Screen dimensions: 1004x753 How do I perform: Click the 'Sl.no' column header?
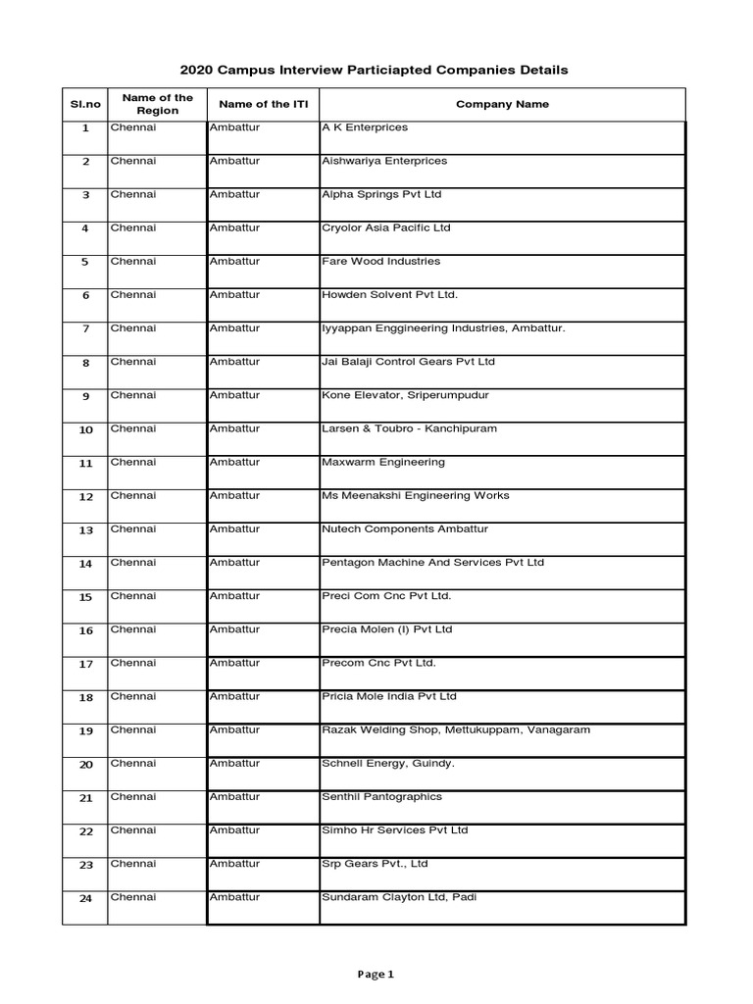click(85, 104)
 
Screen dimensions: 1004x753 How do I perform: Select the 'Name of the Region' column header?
click(157, 104)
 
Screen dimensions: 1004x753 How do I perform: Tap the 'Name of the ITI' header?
click(263, 104)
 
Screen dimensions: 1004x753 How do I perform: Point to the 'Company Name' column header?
click(503, 104)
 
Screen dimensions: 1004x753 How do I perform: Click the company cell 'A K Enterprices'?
click(365, 127)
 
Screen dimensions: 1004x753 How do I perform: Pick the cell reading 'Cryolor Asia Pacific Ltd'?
click(386, 227)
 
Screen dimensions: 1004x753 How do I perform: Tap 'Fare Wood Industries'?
click(380, 262)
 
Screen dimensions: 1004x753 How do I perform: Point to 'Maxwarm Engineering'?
click(382, 462)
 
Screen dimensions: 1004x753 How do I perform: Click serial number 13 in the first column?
click(85, 530)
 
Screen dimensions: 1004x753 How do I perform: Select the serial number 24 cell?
click(85, 899)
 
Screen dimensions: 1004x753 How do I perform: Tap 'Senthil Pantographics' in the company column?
click(381, 797)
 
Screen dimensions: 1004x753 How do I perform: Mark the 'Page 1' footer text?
click(376, 975)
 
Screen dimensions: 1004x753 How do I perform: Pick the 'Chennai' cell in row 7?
click(132, 328)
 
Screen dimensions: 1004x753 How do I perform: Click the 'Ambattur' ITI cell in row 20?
click(234, 763)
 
